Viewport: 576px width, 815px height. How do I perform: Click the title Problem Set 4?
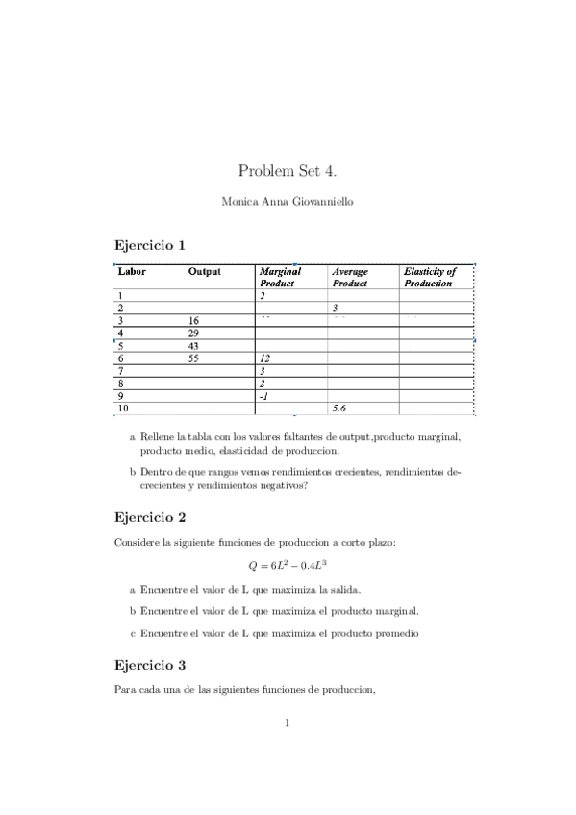point(288,171)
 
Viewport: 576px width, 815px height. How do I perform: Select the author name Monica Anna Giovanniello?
point(288,202)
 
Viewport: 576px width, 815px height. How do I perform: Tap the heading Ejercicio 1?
point(149,245)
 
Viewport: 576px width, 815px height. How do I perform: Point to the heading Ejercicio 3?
point(149,664)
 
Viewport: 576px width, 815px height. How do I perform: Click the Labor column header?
point(132,271)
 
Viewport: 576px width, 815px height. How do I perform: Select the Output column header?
point(205,271)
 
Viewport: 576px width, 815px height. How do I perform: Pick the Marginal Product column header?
point(280,277)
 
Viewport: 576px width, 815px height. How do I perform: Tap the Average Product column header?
point(349,277)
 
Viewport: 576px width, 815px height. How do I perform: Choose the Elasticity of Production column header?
point(429,277)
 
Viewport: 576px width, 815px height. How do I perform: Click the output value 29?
point(193,333)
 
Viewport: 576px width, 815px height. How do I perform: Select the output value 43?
point(193,345)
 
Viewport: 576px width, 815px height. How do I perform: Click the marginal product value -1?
point(263,395)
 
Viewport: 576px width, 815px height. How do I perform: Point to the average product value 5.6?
point(338,407)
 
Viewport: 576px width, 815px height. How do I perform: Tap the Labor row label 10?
point(123,407)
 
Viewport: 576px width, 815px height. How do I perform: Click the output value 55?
point(193,358)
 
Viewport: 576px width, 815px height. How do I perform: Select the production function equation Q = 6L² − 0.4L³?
point(288,566)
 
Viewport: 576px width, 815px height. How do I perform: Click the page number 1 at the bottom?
point(288,723)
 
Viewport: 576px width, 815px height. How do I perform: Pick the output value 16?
point(193,320)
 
